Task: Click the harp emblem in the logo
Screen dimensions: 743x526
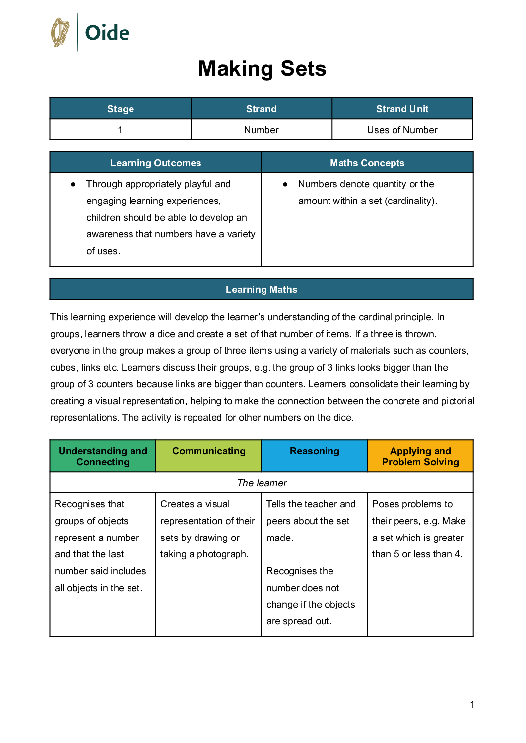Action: pyautogui.click(x=61, y=33)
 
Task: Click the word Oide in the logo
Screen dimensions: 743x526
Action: pyautogui.click(x=107, y=33)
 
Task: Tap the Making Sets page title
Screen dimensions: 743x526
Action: pyautogui.click(x=262, y=68)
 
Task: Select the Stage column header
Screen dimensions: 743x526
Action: pyautogui.click(x=121, y=109)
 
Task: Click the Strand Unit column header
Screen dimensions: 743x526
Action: pyautogui.click(x=402, y=109)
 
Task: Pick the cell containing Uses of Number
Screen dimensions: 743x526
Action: pyautogui.click(x=402, y=130)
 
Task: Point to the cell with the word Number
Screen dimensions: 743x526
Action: pyautogui.click(x=261, y=130)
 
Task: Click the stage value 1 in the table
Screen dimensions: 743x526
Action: pyautogui.click(x=120, y=130)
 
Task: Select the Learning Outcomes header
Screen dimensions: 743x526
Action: pyautogui.click(x=155, y=163)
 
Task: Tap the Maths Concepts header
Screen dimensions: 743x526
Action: pyautogui.click(x=367, y=163)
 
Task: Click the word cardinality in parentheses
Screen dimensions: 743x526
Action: pyautogui.click(x=410, y=201)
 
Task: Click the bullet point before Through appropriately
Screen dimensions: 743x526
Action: pyautogui.click(x=73, y=184)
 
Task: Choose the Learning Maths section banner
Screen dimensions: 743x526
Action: pyautogui.click(x=262, y=289)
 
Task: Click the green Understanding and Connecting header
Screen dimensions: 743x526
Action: pyautogui.click(x=103, y=456)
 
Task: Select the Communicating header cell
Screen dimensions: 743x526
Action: pyautogui.click(x=208, y=451)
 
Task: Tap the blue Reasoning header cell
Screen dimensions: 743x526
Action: pyautogui.click(x=315, y=451)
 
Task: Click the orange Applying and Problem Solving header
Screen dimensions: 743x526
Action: pyautogui.click(x=420, y=456)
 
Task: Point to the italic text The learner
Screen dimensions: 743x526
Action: pyautogui.click(x=262, y=483)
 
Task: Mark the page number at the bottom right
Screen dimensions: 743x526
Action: pyautogui.click(x=472, y=704)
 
